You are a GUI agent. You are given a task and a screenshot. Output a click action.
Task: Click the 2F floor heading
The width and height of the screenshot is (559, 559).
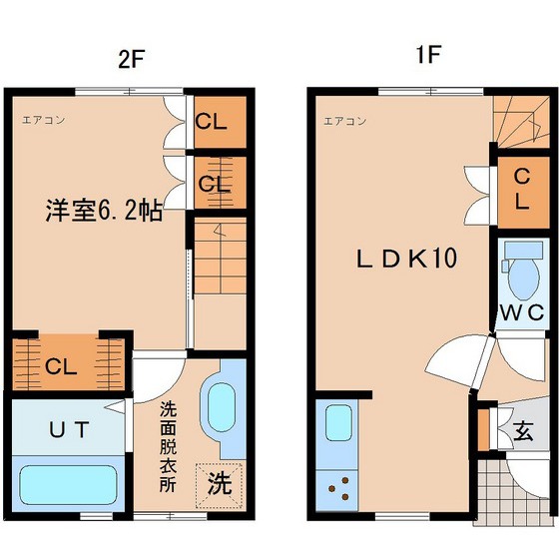[x=131, y=60]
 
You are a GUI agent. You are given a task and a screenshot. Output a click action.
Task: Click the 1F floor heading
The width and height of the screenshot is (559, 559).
[x=428, y=54]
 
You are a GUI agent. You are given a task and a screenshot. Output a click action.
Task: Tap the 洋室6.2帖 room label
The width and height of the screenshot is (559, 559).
[x=104, y=211]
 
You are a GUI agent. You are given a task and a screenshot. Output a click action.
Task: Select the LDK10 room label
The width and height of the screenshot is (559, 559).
[x=407, y=259]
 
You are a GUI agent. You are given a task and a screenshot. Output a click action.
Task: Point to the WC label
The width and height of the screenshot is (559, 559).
[x=522, y=312]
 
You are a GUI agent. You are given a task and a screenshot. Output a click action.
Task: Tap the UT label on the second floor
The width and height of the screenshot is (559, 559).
[x=69, y=429]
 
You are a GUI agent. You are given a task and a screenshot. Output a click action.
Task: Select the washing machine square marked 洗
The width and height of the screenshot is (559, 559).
[x=220, y=485]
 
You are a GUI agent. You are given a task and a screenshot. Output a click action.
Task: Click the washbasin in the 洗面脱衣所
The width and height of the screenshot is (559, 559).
[x=222, y=407]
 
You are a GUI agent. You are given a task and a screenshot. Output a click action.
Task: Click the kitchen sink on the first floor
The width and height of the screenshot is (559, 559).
[x=338, y=423]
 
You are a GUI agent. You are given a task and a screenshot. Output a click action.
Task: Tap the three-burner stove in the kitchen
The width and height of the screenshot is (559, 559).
[x=337, y=489]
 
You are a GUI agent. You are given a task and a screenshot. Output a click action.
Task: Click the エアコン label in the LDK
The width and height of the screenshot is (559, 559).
[x=344, y=121]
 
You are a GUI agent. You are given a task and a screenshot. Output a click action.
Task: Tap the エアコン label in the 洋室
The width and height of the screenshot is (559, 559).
[x=44, y=120]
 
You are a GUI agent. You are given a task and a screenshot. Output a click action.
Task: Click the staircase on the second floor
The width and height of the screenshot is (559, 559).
[x=221, y=256]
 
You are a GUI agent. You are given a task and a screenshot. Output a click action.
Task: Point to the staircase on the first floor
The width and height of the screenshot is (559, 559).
[x=521, y=122]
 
